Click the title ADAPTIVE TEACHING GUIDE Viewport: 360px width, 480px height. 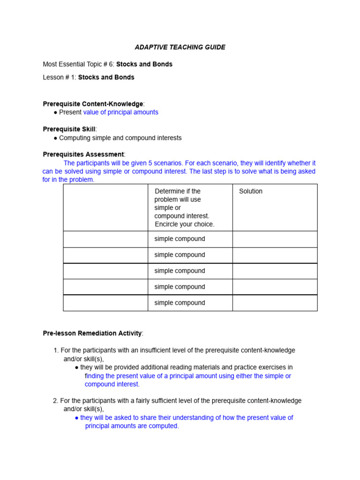[180, 47]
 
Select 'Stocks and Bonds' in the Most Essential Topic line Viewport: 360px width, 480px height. [144, 64]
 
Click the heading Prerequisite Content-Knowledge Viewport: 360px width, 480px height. [93, 104]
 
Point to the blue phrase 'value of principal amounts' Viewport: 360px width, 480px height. [120, 112]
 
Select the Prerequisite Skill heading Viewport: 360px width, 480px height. [69, 129]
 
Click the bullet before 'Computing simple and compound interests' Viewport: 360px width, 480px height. [55, 138]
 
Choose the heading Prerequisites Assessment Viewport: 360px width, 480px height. [83, 154]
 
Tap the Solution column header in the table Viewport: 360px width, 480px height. [251, 191]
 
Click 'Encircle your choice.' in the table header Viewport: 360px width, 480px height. [184, 224]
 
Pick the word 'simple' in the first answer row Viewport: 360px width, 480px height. [163, 239]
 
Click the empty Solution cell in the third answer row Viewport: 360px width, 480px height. [275, 271]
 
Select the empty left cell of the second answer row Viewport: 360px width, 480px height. [105, 255]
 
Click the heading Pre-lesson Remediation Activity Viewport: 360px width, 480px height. [92, 333]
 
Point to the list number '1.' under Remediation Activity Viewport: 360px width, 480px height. [56, 350]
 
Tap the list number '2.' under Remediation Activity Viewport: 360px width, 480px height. [56, 401]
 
